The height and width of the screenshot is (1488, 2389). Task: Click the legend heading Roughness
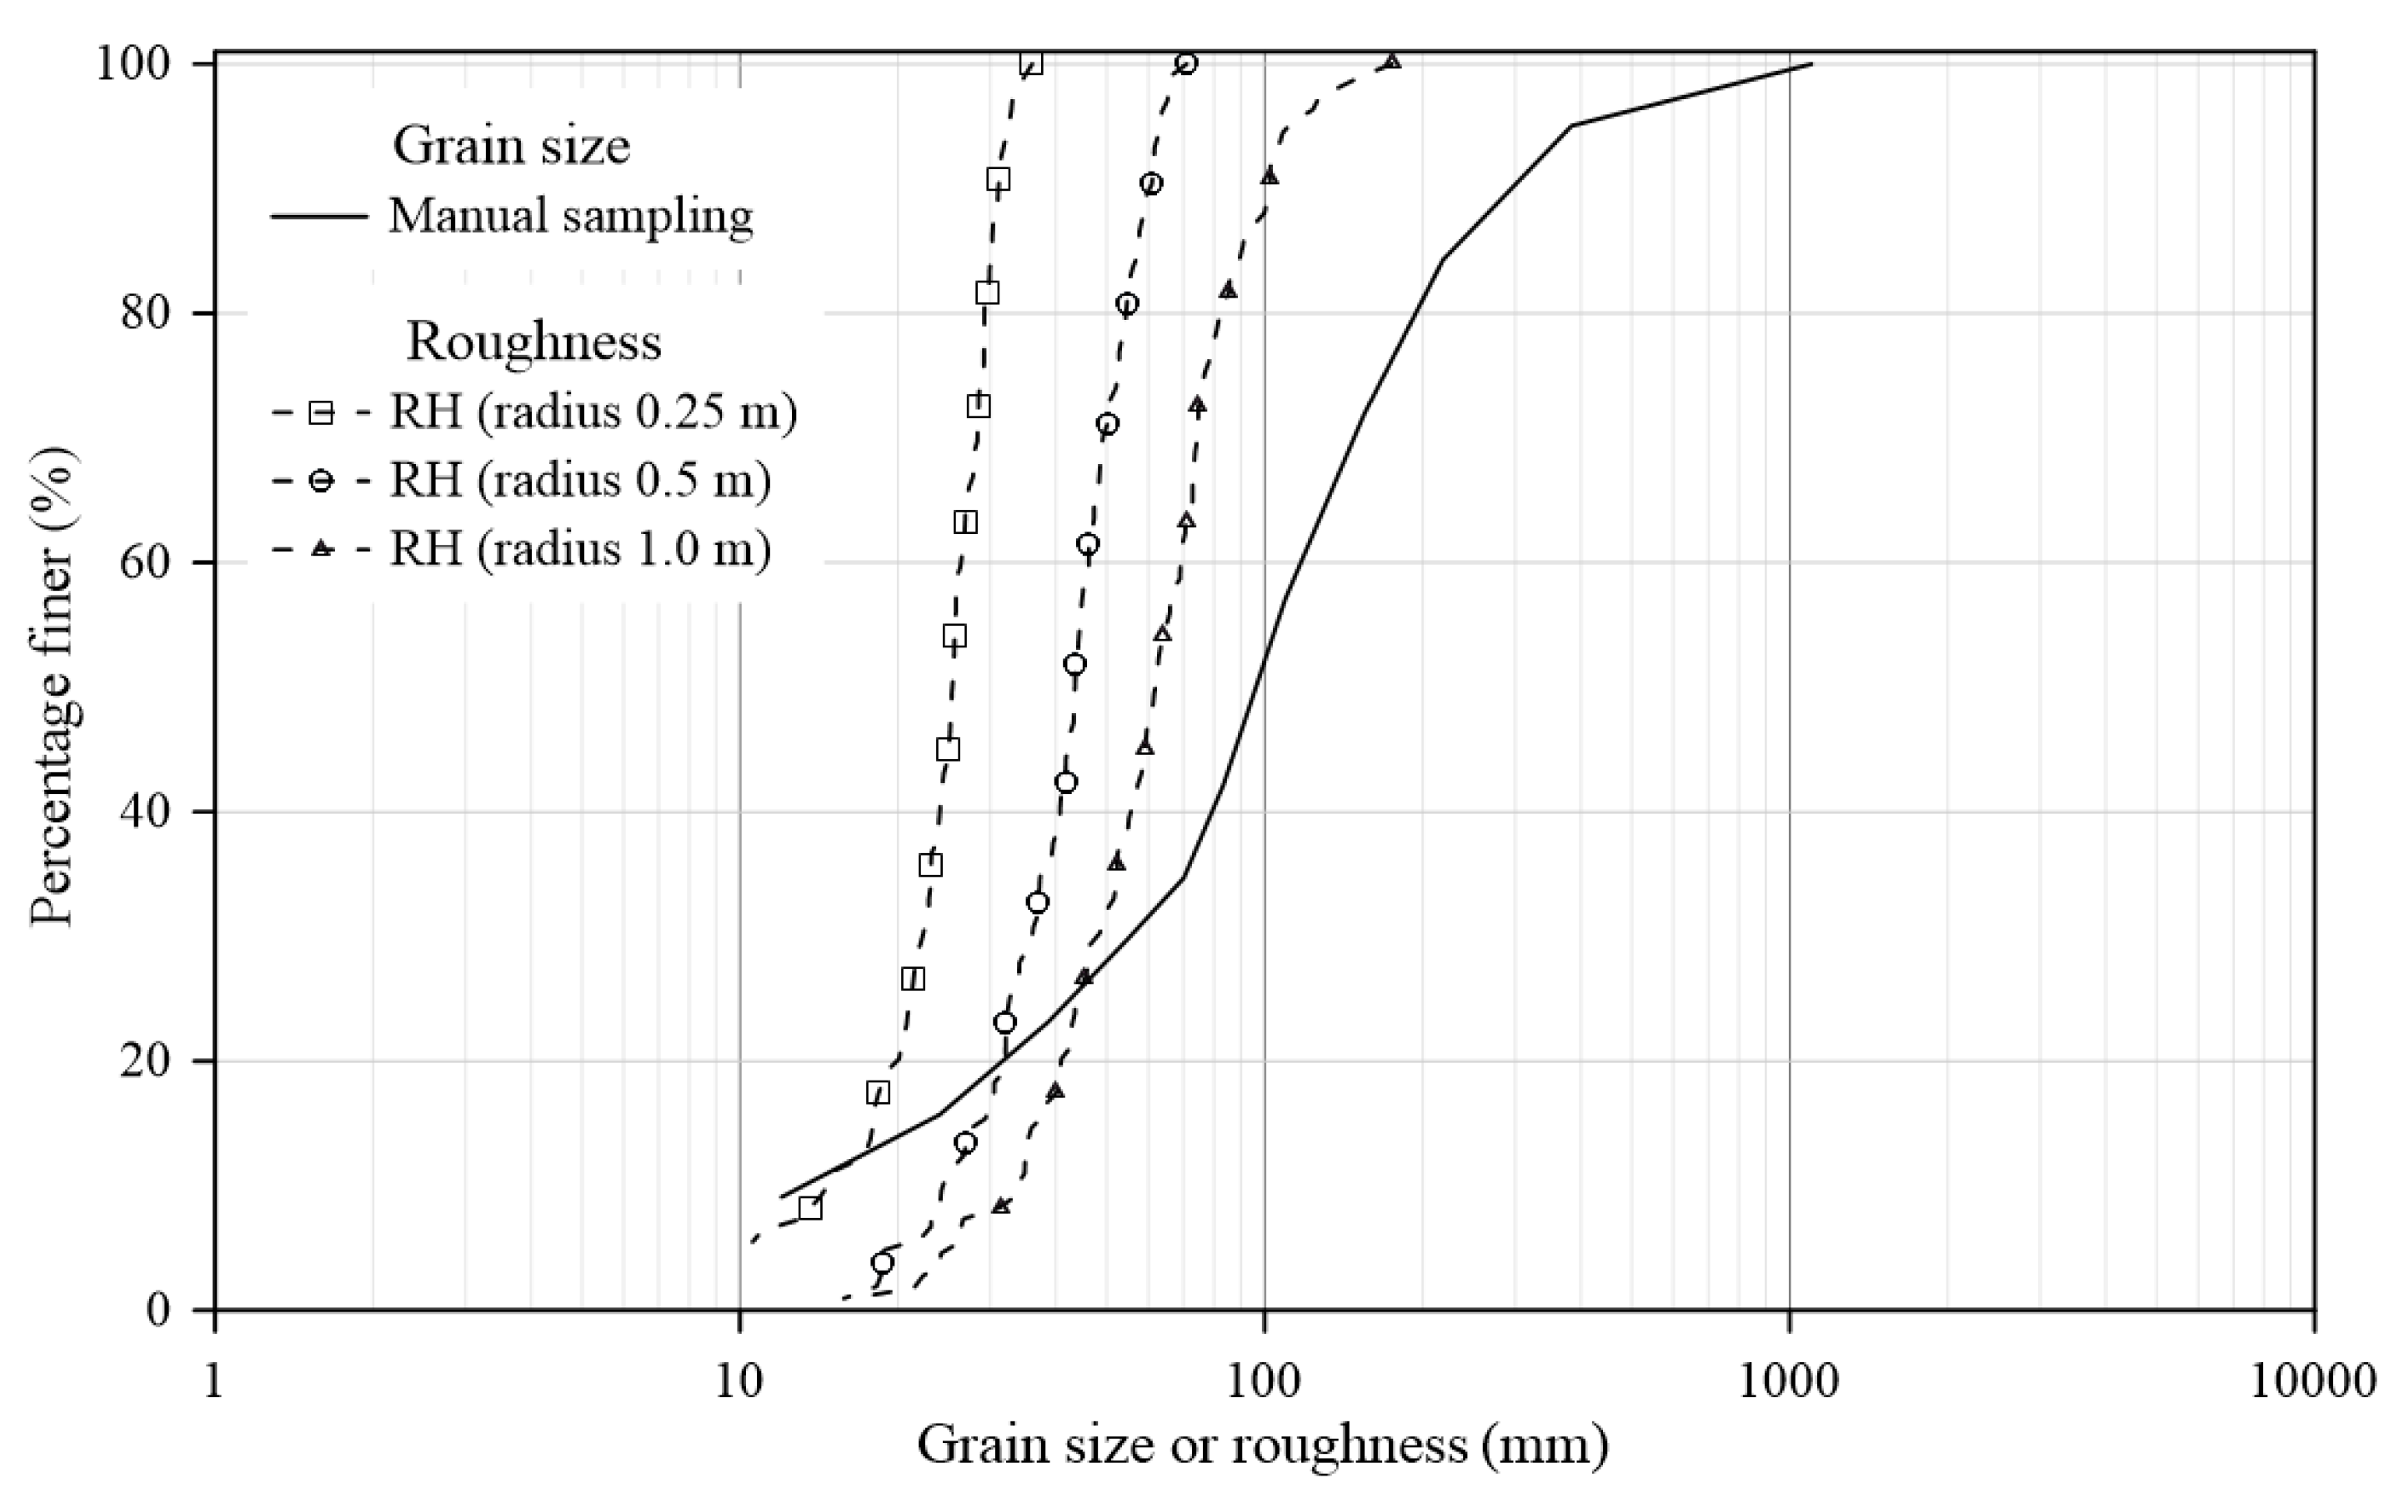point(533,342)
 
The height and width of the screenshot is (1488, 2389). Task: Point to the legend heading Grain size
point(511,146)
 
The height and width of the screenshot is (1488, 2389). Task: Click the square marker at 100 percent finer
point(1030,64)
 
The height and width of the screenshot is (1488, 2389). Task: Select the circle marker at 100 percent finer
point(1186,64)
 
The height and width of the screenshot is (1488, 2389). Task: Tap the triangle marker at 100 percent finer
point(1392,62)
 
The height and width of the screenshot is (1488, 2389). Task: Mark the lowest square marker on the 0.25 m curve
point(809,1207)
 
